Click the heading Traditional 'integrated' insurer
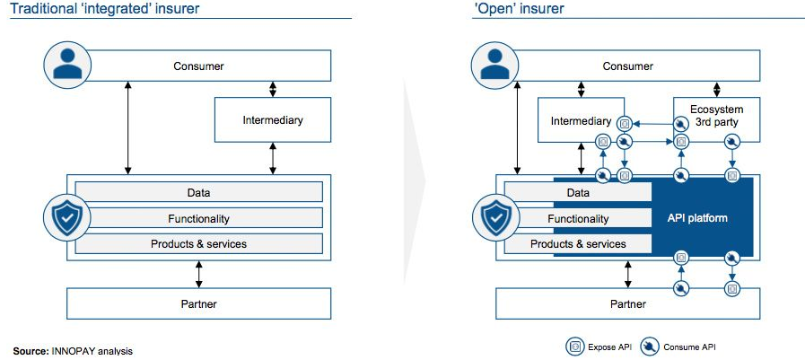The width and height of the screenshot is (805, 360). tap(104, 9)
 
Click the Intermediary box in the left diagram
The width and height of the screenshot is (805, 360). tap(273, 119)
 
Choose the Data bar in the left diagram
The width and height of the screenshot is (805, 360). tap(199, 192)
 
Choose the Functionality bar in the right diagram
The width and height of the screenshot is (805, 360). tap(577, 218)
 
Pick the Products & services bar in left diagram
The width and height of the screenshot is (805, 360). tap(199, 243)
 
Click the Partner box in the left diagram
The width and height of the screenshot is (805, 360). tap(199, 303)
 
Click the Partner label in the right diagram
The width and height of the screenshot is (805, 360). tap(628, 303)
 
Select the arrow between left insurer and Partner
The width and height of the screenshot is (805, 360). tap(199, 273)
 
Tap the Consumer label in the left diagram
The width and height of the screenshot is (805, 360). tap(199, 66)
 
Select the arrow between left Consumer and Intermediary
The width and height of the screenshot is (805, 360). tap(273, 89)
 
